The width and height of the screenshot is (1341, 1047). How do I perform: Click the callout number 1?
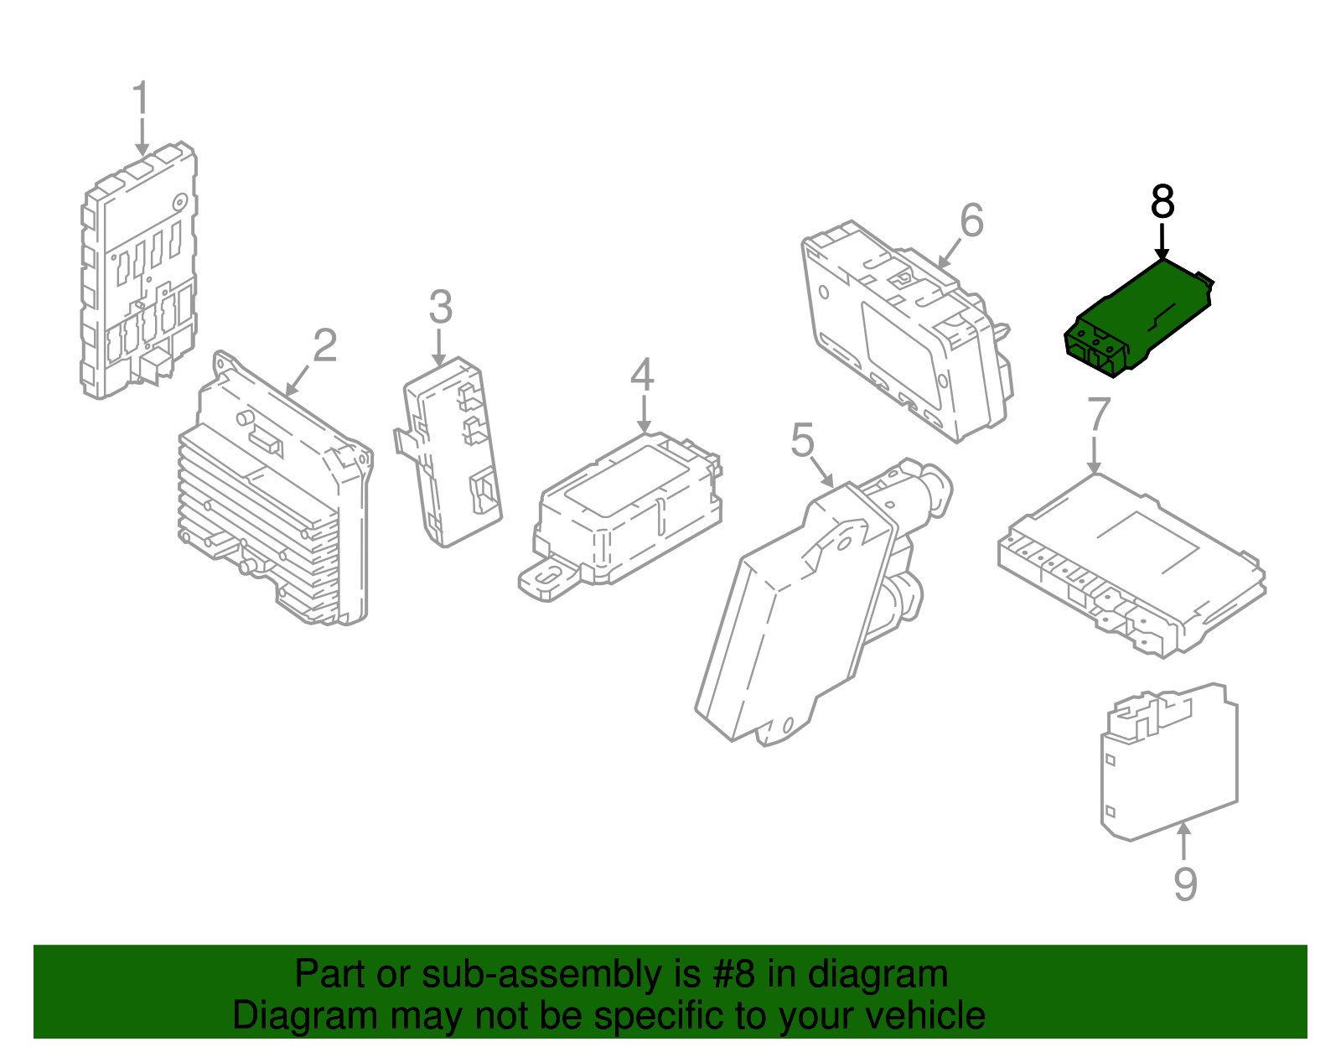141,97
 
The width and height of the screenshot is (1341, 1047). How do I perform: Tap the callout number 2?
324,345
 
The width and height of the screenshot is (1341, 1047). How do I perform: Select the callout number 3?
441,308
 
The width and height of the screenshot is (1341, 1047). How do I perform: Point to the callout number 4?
642,375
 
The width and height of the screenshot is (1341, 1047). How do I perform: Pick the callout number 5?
802,440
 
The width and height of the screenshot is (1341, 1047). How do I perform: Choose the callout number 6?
971,220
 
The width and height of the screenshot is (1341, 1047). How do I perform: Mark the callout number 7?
1099,414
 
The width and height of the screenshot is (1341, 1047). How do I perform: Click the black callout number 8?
1162,201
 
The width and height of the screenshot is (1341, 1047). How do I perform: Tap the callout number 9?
1185,884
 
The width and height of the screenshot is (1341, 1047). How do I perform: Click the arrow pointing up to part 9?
1183,842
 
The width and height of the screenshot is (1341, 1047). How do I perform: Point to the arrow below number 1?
142,137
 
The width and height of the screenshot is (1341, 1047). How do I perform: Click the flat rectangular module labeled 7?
1131,564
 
